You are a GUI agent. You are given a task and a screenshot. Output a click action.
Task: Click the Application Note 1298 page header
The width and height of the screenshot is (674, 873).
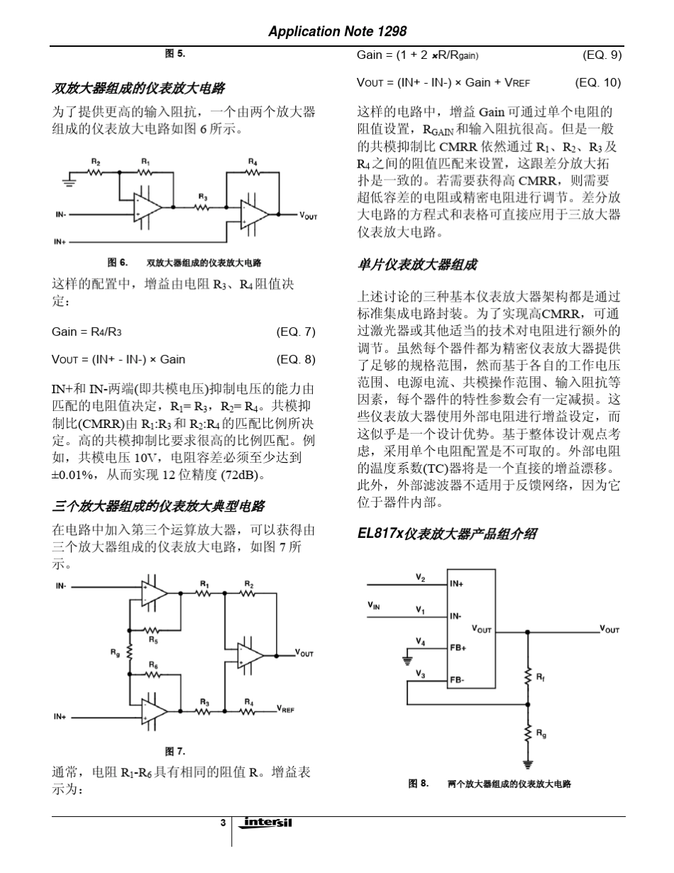pos(337,31)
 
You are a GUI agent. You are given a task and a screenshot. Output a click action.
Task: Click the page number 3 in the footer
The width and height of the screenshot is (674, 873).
pos(223,823)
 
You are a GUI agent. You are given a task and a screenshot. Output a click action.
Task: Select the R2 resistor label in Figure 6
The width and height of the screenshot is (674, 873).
pos(94,162)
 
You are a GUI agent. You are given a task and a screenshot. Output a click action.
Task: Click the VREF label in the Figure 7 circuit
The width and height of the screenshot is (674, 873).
pos(287,708)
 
